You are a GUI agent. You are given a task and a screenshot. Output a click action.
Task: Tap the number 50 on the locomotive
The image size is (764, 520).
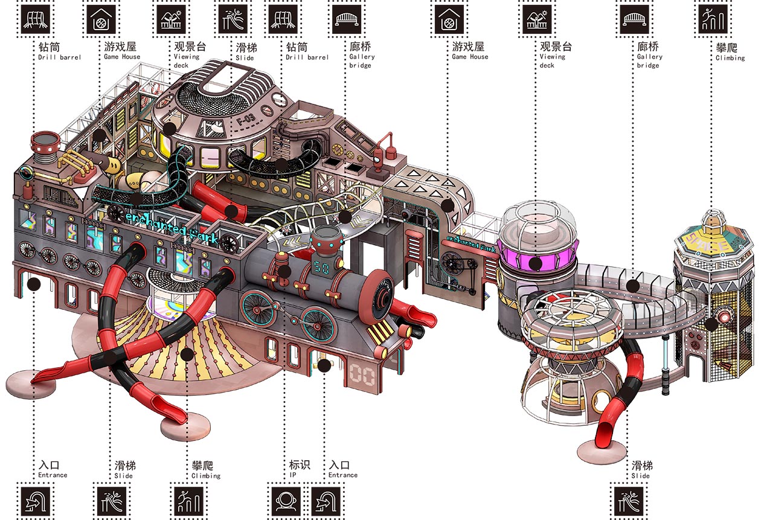[x=321, y=268]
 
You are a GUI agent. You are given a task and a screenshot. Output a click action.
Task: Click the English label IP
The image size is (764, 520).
[x=293, y=475]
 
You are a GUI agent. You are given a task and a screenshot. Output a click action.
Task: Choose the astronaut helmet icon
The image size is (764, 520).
[x=286, y=501]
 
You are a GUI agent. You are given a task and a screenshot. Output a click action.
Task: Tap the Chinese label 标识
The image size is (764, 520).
[x=300, y=464]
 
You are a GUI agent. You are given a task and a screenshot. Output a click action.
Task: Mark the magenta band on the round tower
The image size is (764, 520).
[x=537, y=255]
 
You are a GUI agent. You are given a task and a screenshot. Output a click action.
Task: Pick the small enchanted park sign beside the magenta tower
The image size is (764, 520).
[x=470, y=243]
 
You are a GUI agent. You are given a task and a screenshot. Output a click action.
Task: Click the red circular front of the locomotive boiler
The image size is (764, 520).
[x=377, y=297]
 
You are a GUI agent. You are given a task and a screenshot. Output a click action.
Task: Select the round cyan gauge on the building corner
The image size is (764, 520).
[x=25, y=173]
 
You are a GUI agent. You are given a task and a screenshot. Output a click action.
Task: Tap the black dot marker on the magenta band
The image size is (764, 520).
[x=536, y=263]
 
